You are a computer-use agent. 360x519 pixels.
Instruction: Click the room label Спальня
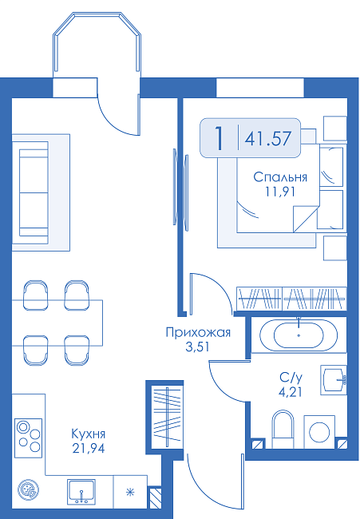pyautogui.click(x=280, y=177)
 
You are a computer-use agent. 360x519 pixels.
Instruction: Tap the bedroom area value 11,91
pyautogui.click(x=280, y=192)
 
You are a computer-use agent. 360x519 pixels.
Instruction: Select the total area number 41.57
pyautogui.click(x=268, y=138)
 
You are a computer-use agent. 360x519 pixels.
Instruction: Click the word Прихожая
pyautogui.click(x=198, y=332)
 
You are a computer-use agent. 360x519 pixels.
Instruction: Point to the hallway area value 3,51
pyautogui.click(x=197, y=347)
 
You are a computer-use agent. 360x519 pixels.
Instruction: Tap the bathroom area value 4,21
pyautogui.click(x=291, y=392)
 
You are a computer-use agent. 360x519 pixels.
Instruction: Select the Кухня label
pyautogui.click(x=89, y=434)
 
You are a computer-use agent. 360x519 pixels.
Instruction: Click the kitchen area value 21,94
pyautogui.click(x=89, y=449)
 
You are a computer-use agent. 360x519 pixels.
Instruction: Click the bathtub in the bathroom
pyautogui.click(x=299, y=335)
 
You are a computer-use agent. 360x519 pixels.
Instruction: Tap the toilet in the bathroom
pyautogui.click(x=283, y=429)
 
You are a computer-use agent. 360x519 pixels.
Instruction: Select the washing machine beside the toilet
pyautogui.click(x=319, y=432)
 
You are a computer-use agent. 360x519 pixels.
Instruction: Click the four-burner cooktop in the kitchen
pyautogui.click(x=29, y=438)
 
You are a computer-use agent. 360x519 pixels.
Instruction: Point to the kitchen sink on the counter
pyautogui.click(x=81, y=492)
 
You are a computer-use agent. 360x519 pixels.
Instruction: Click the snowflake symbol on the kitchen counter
pyautogui.click(x=130, y=492)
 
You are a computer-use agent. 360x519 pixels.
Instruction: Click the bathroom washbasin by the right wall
pyautogui.click(x=334, y=380)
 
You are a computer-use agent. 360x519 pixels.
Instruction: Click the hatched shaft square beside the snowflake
pyautogui.click(x=155, y=497)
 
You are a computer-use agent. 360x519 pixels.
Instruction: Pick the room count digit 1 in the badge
pyautogui.click(x=218, y=137)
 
